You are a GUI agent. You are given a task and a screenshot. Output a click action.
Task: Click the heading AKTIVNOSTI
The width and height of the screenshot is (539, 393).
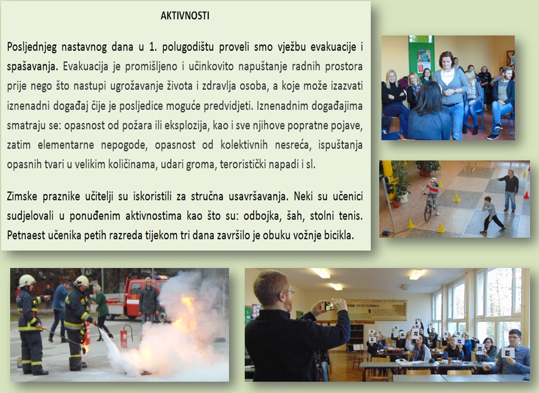pyautogui.click(x=185, y=16)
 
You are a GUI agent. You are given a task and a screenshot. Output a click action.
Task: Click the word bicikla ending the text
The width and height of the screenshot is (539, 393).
pyautogui.click(x=339, y=235)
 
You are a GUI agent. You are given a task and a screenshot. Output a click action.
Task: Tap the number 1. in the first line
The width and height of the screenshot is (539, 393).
pyautogui.click(x=152, y=47)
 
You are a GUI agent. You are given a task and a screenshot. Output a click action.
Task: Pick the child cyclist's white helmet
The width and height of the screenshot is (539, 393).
pyautogui.click(x=433, y=180)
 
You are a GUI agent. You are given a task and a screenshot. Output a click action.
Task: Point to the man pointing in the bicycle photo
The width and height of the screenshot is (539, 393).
pyautogui.click(x=509, y=190)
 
